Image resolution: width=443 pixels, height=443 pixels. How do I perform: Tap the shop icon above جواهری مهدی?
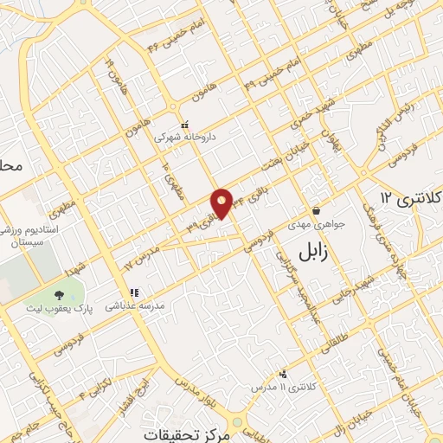[317, 209]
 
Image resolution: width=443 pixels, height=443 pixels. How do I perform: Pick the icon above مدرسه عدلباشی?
[134, 292]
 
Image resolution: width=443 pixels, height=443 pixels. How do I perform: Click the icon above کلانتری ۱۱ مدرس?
[283, 374]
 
